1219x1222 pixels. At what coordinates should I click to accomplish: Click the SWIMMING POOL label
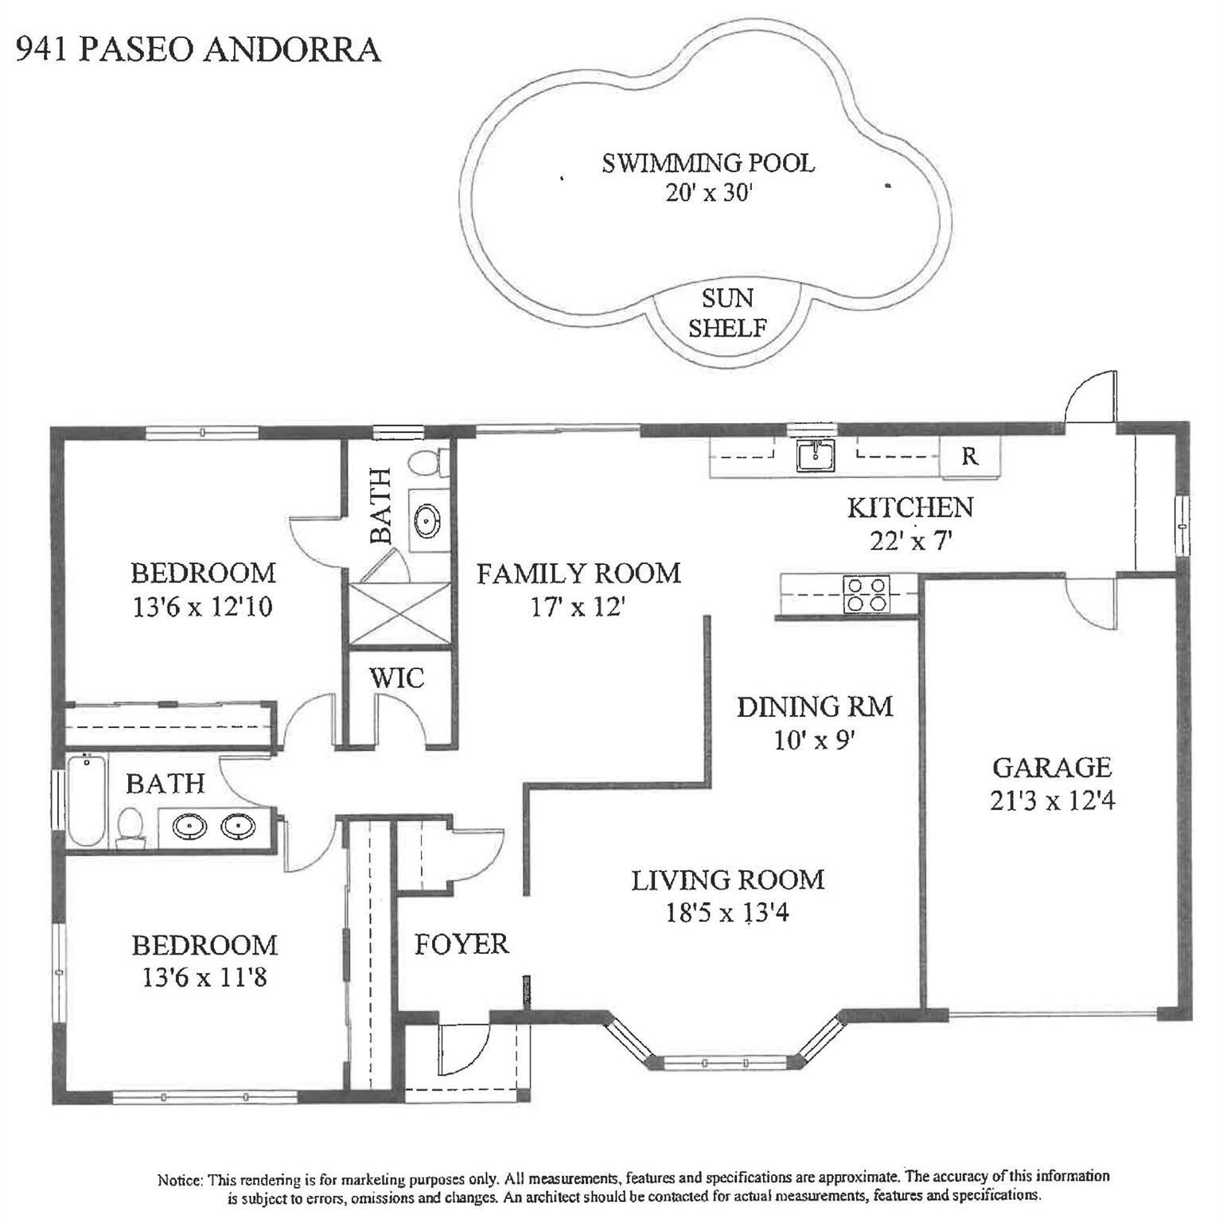point(708,163)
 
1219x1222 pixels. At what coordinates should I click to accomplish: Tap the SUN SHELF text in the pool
point(728,313)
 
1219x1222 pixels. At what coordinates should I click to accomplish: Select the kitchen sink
point(816,456)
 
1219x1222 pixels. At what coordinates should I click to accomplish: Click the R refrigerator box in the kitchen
point(970,457)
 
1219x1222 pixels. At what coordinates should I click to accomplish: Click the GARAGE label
point(1051,767)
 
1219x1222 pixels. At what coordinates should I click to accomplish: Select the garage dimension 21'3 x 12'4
point(1052,800)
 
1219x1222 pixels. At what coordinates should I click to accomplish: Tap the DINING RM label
point(815,706)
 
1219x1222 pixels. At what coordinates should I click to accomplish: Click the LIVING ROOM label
point(728,880)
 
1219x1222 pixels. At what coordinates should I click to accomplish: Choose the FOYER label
point(462,944)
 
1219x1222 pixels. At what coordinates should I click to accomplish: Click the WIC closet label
point(396,679)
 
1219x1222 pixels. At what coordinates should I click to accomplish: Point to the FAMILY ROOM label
point(578,573)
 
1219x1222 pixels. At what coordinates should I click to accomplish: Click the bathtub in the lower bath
point(86,801)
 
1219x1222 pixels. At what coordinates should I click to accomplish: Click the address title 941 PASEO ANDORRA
point(198,49)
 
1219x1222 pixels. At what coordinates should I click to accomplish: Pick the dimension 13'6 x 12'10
point(203,607)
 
